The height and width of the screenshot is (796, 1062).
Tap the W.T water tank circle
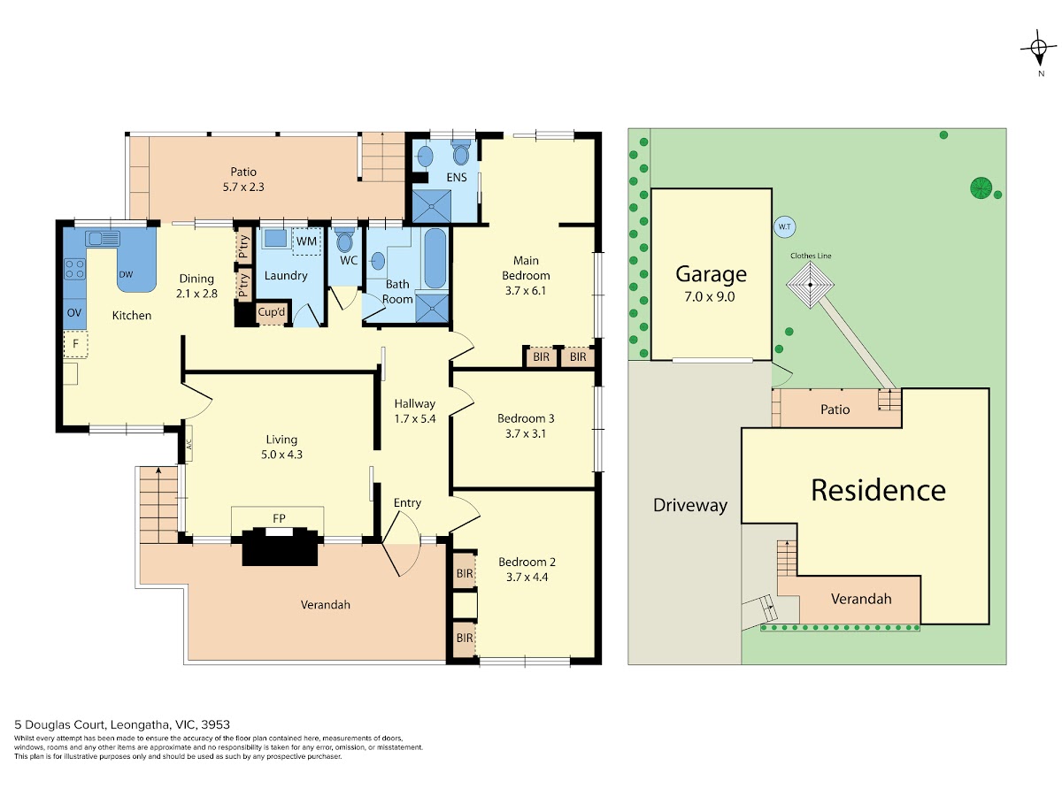pyautogui.click(x=784, y=226)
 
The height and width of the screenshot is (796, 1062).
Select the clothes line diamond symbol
pyautogui.click(x=810, y=285)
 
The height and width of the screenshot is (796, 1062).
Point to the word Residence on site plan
pyautogui.click(x=878, y=490)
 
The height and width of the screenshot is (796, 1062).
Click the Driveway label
pyautogui.click(x=690, y=505)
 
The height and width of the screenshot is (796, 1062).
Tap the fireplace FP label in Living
pyautogui.click(x=279, y=518)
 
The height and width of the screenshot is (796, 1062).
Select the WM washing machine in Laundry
pyautogui.click(x=306, y=241)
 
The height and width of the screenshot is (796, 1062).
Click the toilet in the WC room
pyautogui.click(x=344, y=240)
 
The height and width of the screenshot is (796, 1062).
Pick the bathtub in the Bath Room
pyautogui.click(x=435, y=258)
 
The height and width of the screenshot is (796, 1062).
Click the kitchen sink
pyautogui.click(x=103, y=238)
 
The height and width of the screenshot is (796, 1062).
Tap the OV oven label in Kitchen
pyautogui.click(x=74, y=313)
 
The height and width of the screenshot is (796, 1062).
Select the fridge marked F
pyautogui.click(x=75, y=344)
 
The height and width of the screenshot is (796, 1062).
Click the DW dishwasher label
pyautogui.click(x=126, y=274)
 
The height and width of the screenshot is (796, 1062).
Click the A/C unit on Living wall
pyautogui.click(x=189, y=443)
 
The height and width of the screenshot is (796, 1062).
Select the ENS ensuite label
pyautogui.click(x=457, y=178)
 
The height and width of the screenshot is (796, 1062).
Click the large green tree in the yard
pyautogui.click(x=981, y=188)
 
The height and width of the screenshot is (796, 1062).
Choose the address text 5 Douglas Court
pyautogui.click(x=59, y=724)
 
